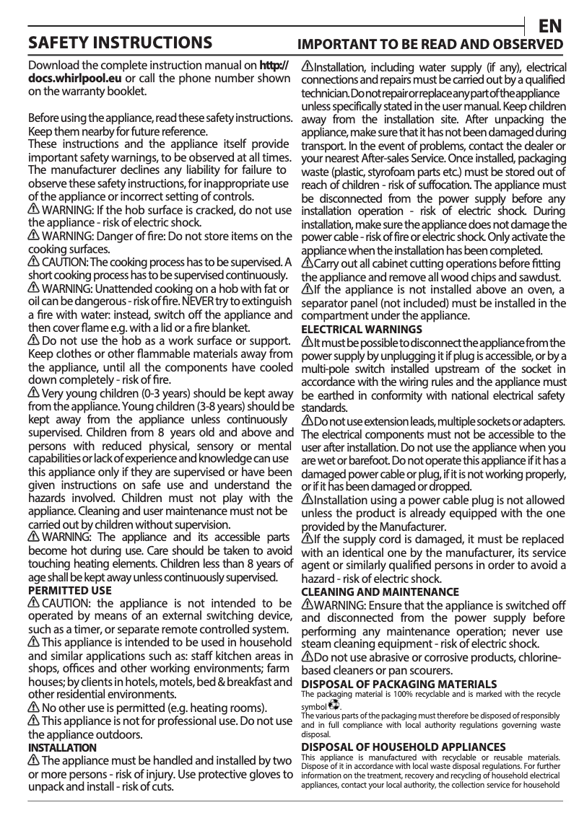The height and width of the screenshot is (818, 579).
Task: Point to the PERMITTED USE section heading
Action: [x=69, y=590]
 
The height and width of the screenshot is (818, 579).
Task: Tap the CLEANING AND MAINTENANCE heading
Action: [x=380, y=591]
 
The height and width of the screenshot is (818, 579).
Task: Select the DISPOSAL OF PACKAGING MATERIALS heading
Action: [x=399, y=683]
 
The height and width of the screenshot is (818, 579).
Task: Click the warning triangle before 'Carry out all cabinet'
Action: [x=307, y=262]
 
